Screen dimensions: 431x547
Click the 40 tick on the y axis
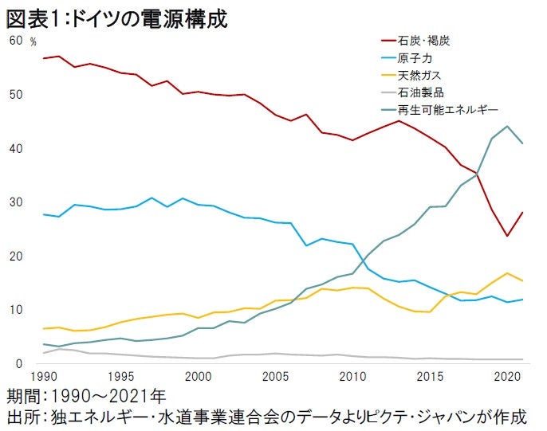[x=15, y=149]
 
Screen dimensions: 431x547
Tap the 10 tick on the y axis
[x=15, y=310]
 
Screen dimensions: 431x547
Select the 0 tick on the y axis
[x=18, y=364]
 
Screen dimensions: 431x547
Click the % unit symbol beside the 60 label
[x=33, y=41]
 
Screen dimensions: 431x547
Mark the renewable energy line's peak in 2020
[x=507, y=126]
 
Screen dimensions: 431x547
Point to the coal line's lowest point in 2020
[x=507, y=236]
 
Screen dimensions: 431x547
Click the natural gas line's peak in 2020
[x=507, y=273]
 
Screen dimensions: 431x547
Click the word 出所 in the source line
[x=25, y=417]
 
